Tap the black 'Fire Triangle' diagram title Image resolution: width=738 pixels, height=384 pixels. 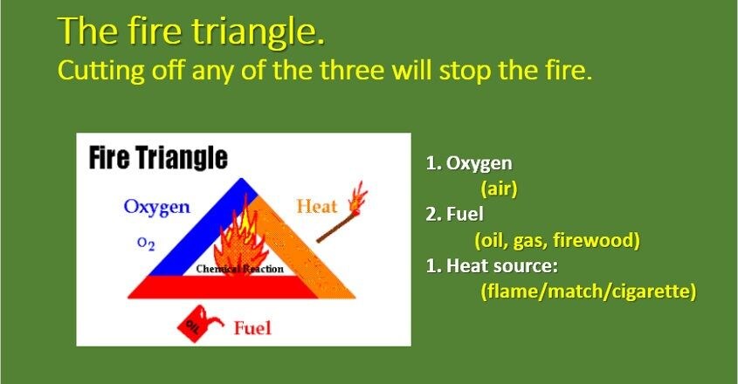158,158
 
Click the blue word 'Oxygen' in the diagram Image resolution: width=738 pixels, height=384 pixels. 156,208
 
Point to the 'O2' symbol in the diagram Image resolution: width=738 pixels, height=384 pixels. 147,245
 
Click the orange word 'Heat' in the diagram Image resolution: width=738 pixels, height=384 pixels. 316,207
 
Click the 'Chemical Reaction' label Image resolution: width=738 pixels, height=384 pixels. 239,269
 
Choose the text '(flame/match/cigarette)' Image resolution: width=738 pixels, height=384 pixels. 588,291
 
